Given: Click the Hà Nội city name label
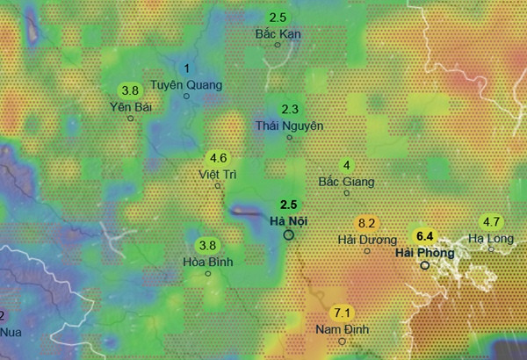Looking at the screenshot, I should coord(288,220).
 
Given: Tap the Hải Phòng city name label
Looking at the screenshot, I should coord(425,253).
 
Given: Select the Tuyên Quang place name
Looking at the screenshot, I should coord(187,85).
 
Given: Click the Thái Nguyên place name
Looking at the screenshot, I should coord(290,126).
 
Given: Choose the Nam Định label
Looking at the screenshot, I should coord(343,330).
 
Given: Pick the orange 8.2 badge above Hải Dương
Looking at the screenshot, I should coord(367,223).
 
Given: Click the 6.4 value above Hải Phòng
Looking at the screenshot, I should coord(425,236).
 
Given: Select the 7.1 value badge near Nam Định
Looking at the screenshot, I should coord(343,313).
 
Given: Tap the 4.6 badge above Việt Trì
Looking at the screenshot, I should coord(219,158).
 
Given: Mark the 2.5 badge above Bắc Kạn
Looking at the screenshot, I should coord(278,18).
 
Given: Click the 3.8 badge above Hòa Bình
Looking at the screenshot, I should coord(208,245).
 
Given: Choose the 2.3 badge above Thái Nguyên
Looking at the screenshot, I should coord(291,109).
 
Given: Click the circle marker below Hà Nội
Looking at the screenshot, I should coord(289,235).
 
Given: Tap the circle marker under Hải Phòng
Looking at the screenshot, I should coord(425,265).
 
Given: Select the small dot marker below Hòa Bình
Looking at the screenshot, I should coord(208,273).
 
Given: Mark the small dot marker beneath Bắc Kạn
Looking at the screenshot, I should coord(278,44).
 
